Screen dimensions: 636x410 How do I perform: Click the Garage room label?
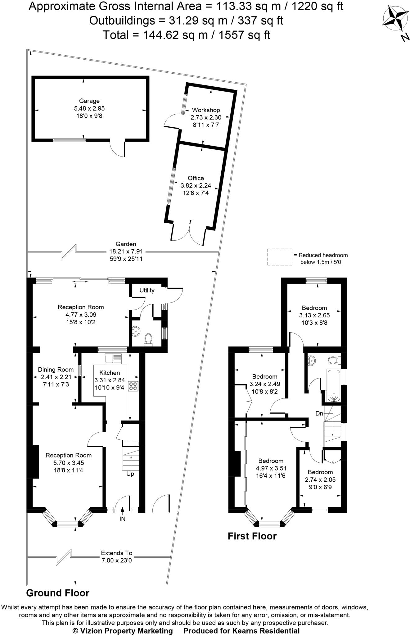(89, 101)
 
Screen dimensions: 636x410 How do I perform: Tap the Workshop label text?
(206, 110)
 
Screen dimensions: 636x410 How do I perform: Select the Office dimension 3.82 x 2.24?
(196, 185)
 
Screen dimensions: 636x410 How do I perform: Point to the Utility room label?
(147, 290)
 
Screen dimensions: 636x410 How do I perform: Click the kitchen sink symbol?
(114, 359)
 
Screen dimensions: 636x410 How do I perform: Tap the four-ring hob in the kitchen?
(133, 386)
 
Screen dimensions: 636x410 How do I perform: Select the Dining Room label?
(56, 370)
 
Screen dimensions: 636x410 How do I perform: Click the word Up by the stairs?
(130, 474)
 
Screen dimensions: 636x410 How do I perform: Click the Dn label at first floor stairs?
(319, 413)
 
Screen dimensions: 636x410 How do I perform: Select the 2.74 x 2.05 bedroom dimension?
(320, 479)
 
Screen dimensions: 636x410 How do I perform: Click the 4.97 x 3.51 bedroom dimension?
(271, 468)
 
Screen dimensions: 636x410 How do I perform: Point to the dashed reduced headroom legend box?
(280, 257)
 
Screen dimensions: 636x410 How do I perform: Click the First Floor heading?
(252, 536)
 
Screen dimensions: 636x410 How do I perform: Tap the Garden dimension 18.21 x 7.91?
(126, 251)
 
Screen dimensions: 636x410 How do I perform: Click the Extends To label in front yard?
(116, 553)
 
